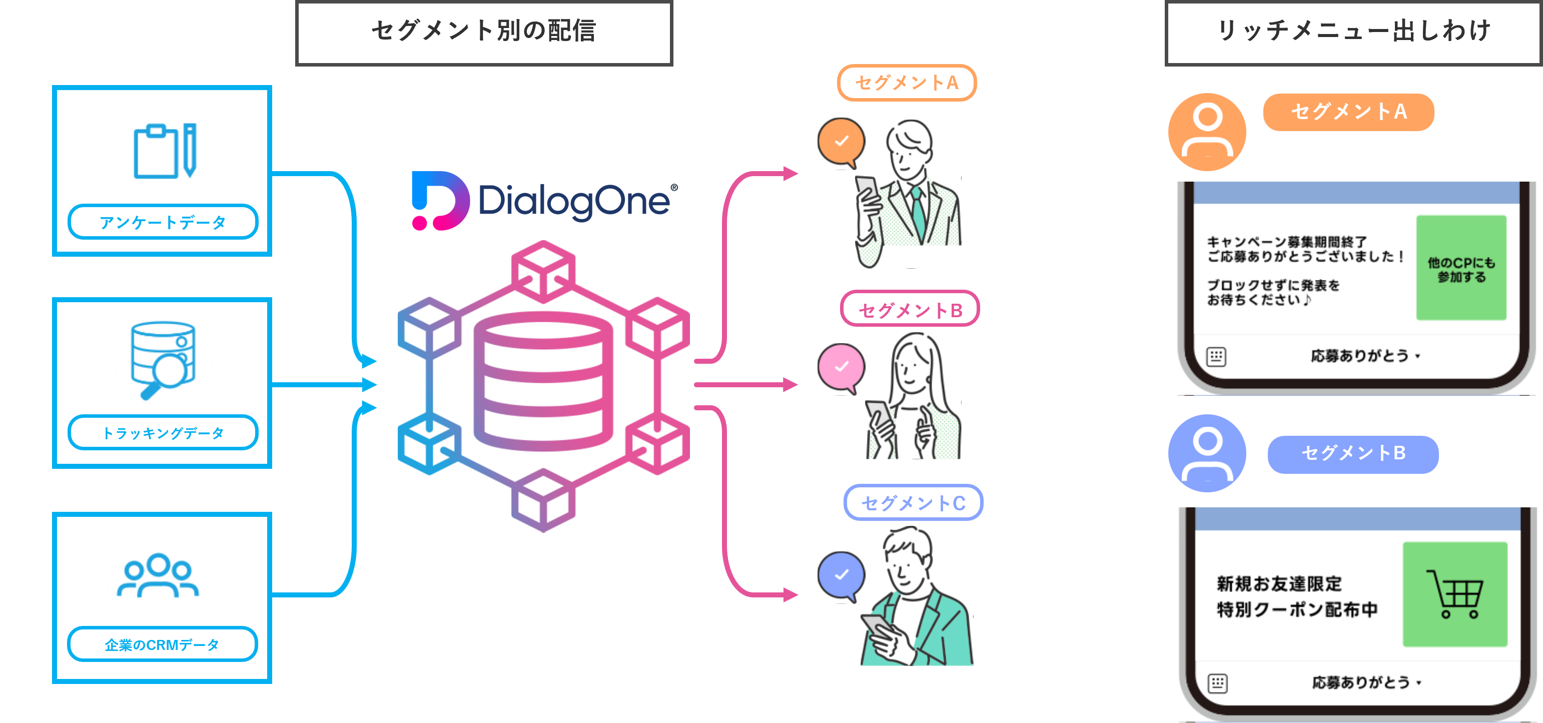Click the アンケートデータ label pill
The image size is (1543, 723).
click(x=163, y=222)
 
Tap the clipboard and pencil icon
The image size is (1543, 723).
click(x=165, y=151)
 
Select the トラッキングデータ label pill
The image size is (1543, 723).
click(x=163, y=432)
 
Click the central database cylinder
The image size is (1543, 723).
click(x=543, y=382)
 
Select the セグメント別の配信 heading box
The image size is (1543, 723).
click(x=484, y=33)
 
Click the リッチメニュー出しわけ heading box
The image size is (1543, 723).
click(x=1353, y=33)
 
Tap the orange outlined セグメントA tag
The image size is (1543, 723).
click(x=906, y=83)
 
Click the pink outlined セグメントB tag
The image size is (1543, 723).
click(x=909, y=310)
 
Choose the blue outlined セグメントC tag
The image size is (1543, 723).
click(x=913, y=502)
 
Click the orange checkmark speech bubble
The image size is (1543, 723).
click(x=842, y=142)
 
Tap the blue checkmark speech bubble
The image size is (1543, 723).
click(x=842, y=575)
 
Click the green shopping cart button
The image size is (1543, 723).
click(x=1454, y=594)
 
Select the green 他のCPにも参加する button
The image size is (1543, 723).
click(x=1461, y=268)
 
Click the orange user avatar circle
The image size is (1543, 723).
click(x=1207, y=132)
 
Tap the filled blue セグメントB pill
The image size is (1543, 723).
click(x=1352, y=454)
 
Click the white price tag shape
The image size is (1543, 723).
click(x=39, y=364)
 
